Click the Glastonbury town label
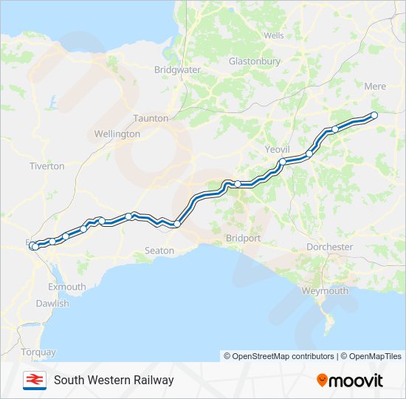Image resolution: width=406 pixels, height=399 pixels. click(x=254, y=61)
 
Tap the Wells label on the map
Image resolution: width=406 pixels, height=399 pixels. click(x=273, y=35)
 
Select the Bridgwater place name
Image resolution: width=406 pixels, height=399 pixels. click(x=177, y=69)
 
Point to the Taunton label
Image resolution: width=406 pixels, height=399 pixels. click(x=151, y=118)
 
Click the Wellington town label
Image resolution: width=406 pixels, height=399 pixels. click(x=117, y=134)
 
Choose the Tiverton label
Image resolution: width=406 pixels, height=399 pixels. click(x=47, y=166)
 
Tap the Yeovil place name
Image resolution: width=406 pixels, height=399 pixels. click(x=278, y=149)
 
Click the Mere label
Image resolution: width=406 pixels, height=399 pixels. click(x=375, y=86)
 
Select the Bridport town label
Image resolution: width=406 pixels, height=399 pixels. click(x=244, y=238)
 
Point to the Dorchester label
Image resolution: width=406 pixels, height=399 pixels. click(x=329, y=247)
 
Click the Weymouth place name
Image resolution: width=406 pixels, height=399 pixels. click(x=325, y=290)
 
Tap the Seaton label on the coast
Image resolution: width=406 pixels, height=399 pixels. click(x=159, y=250)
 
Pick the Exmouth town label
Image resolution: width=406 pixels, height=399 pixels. click(x=66, y=287)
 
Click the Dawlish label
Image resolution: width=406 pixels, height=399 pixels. click(x=52, y=304)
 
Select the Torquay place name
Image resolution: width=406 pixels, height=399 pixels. click(x=38, y=352)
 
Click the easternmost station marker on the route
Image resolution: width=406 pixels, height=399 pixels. click(x=374, y=115)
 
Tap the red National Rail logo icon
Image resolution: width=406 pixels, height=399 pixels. click(x=32, y=380)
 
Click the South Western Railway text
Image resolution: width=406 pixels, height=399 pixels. click(x=114, y=380)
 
